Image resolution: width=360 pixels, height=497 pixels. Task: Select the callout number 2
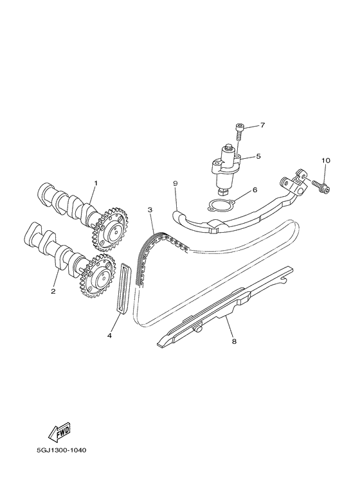point(53,291)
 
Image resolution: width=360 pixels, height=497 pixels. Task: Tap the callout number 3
point(149,210)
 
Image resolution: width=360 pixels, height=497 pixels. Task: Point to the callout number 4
point(109,335)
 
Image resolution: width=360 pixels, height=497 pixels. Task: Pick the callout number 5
point(258,156)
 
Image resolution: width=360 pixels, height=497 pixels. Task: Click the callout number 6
point(255,190)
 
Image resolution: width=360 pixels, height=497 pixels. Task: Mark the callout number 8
point(234,341)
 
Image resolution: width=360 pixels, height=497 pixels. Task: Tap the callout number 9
point(175,183)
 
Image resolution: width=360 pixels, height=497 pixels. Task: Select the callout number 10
point(325,160)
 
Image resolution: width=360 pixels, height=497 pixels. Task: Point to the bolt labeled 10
point(321,185)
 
